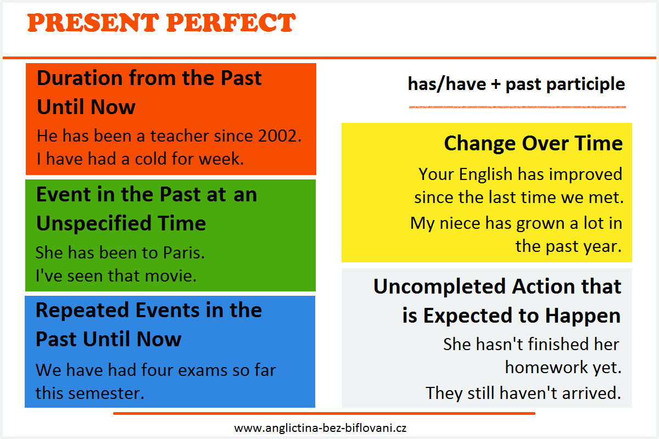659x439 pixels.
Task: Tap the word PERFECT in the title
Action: pyautogui.click(x=231, y=22)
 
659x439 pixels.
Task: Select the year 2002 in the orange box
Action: pyautogui.click(x=280, y=136)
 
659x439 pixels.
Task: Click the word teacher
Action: pyautogui.click(x=180, y=136)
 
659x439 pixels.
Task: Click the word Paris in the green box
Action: pyautogui.click(x=184, y=252)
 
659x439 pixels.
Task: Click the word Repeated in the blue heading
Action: pyautogui.click(x=82, y=311)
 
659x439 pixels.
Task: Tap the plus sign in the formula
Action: pyautogui.click(x=496, y=84)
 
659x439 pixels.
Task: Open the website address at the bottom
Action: pyautogui.click(x=320, y=428)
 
